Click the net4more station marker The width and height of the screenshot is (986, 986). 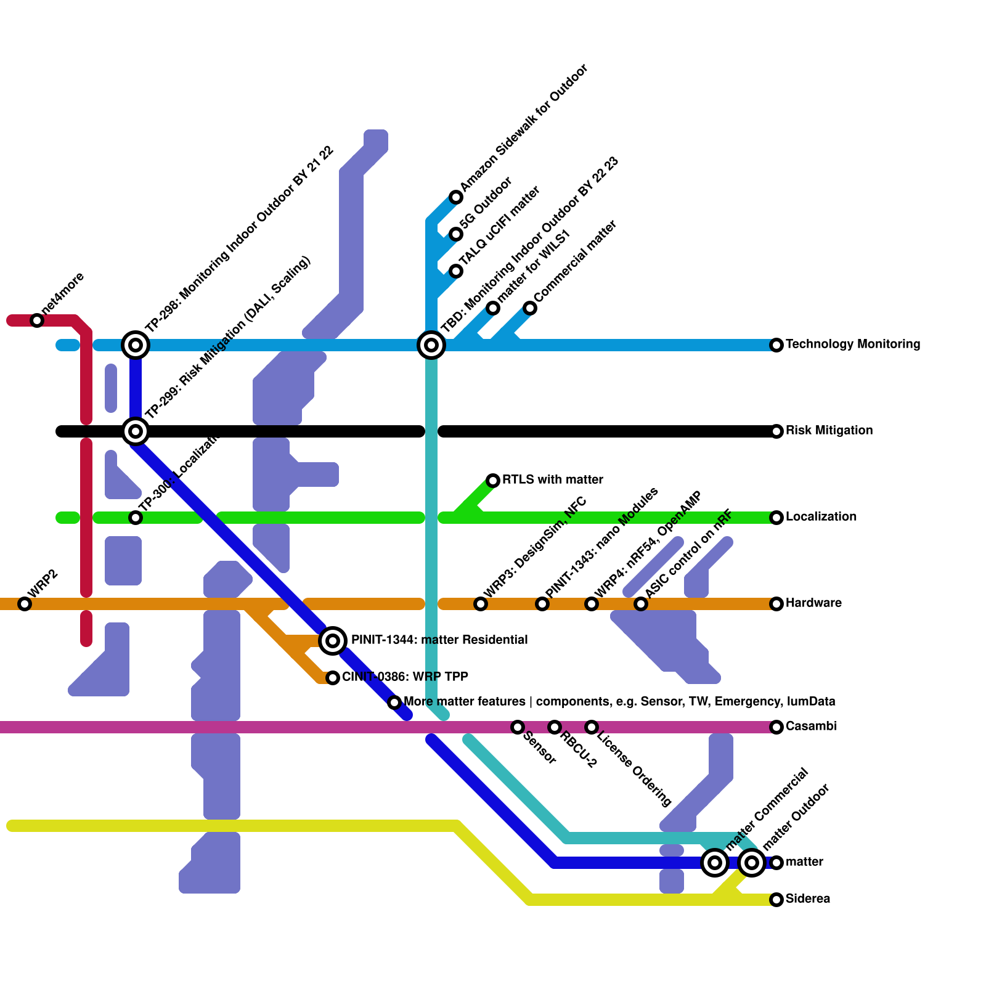[37, 320]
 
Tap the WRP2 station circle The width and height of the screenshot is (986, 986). [25, 604]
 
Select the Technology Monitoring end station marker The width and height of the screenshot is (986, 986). [776, 345]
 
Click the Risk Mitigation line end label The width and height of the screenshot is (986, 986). [829, 431]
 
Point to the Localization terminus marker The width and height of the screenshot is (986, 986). [776, 518]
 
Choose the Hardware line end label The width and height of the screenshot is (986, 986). [813, 603]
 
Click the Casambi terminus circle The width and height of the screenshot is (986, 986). [776, 727]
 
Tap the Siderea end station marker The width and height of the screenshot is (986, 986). [776, 900]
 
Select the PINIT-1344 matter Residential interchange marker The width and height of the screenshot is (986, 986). [333, 641]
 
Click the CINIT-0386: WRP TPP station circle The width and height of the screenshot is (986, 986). [333, 678]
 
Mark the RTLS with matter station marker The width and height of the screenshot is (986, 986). [493, 481]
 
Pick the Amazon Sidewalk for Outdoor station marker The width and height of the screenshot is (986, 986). [456, 197]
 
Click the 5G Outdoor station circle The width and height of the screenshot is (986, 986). [456, 234]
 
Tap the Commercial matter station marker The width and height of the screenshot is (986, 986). [530, 308]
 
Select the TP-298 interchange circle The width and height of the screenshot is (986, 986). [136, 345]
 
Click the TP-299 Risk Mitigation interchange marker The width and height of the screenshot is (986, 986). [136, 431]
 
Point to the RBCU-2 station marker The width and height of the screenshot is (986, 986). [555, 727]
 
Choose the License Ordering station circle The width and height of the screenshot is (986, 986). [592, 727]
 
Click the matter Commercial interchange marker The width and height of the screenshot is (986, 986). [715, 863]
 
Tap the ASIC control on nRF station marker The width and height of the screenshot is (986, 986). [641, 604]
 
